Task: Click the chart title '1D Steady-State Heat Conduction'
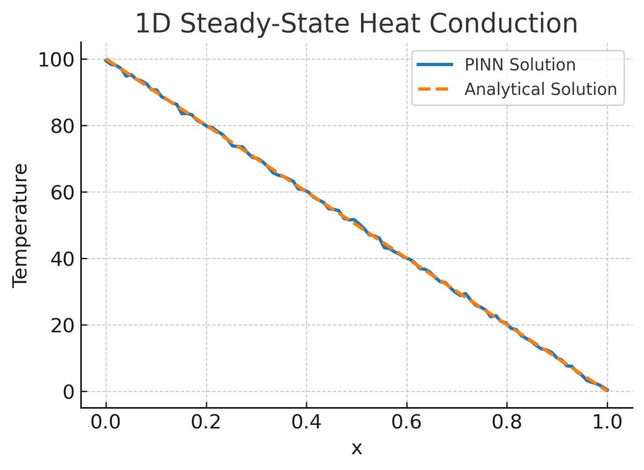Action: [356, 24]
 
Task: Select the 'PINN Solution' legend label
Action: [519, 65]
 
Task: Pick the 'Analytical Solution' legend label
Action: [540, 89]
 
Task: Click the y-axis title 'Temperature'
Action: [21, 225]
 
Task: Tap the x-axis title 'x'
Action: [357, 449]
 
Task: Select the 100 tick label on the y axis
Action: [55, 60]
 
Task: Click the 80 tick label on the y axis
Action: [62, 126]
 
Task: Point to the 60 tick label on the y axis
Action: [62, 193]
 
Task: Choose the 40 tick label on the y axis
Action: [62, 259]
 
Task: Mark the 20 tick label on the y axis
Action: [62, 325]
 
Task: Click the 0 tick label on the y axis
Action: [68, 392]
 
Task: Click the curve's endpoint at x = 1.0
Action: [607, 391]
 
